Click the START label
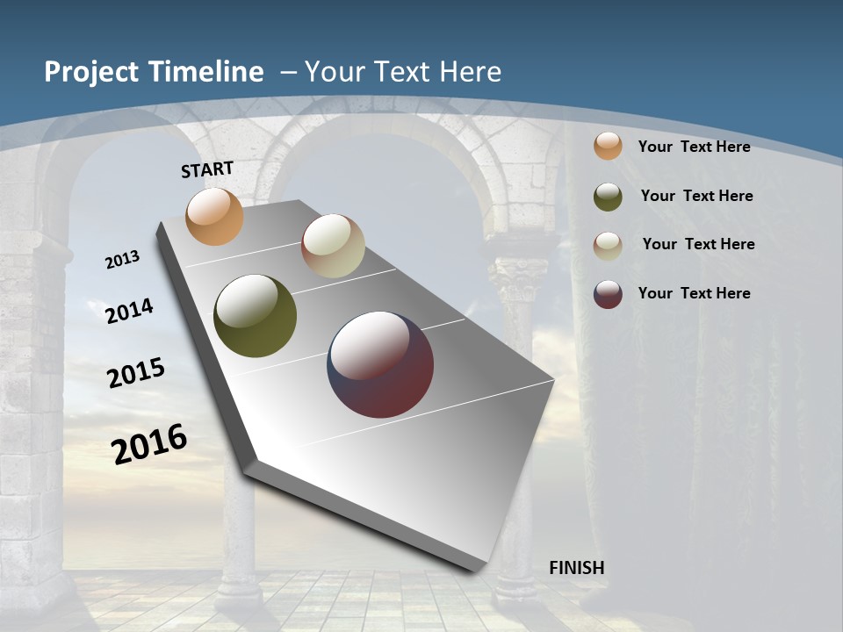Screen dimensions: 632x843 [207, 169]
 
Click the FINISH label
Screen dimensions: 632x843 [576, 568]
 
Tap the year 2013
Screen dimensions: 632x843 [122, 260]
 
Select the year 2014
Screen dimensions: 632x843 [129, 311]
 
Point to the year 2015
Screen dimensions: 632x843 [136, 372]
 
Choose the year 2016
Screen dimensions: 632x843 [149, 444]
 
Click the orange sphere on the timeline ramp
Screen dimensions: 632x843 [214, 216]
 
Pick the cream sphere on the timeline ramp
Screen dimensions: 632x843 [333, 246]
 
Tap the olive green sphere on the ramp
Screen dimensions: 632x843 [255, 316]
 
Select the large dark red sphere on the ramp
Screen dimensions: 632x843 [380, 364]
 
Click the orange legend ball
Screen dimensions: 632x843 [608, 146]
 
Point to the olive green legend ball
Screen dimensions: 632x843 [608, 196]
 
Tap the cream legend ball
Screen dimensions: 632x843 [608, 245]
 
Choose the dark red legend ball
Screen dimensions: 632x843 [608, 293]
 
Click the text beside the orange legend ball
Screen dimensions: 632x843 [694, 147]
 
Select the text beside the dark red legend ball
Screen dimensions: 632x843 [694, 293]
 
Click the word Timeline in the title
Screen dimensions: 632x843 [204, 72]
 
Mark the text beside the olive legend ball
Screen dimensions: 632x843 [696, 196]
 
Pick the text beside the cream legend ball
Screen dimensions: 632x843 [698, 244]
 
